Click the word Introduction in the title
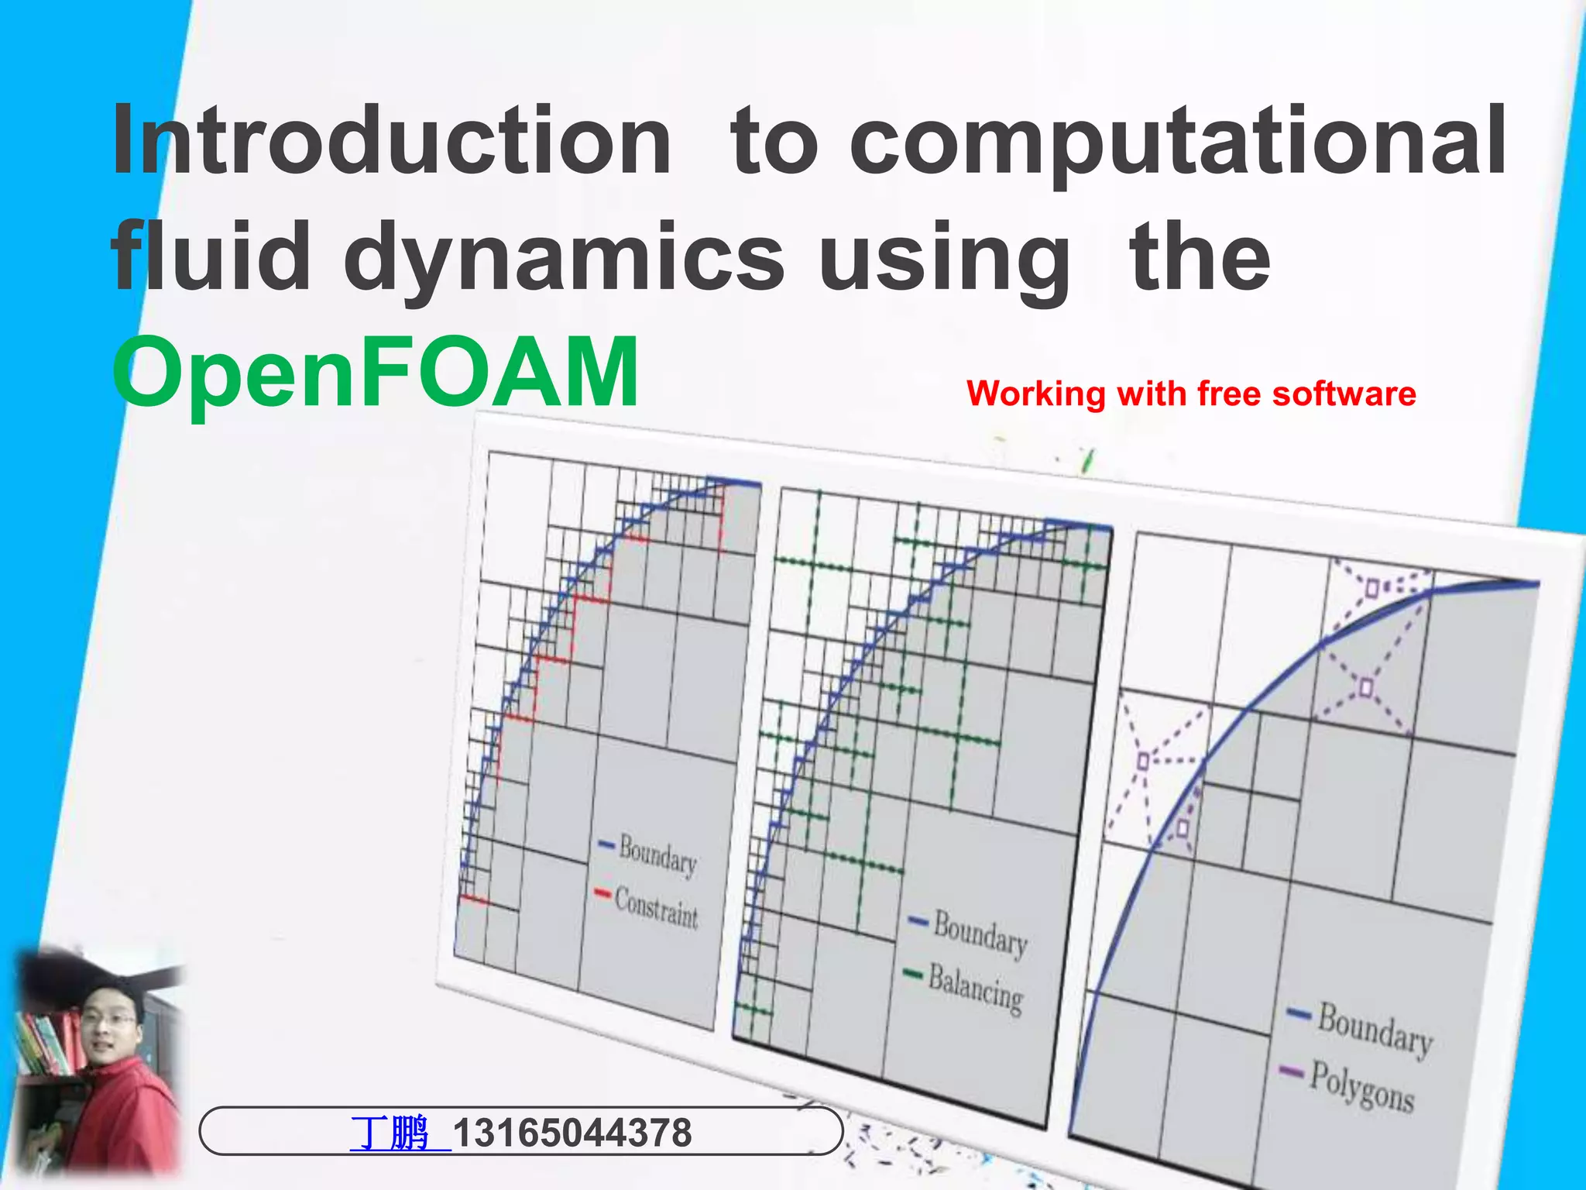click(391, 142)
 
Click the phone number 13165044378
click(572, 1133)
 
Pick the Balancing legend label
click(976, 989)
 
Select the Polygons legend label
click(1362, 1086)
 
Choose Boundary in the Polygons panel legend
click(1375, 1028)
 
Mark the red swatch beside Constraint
click(602, 894)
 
